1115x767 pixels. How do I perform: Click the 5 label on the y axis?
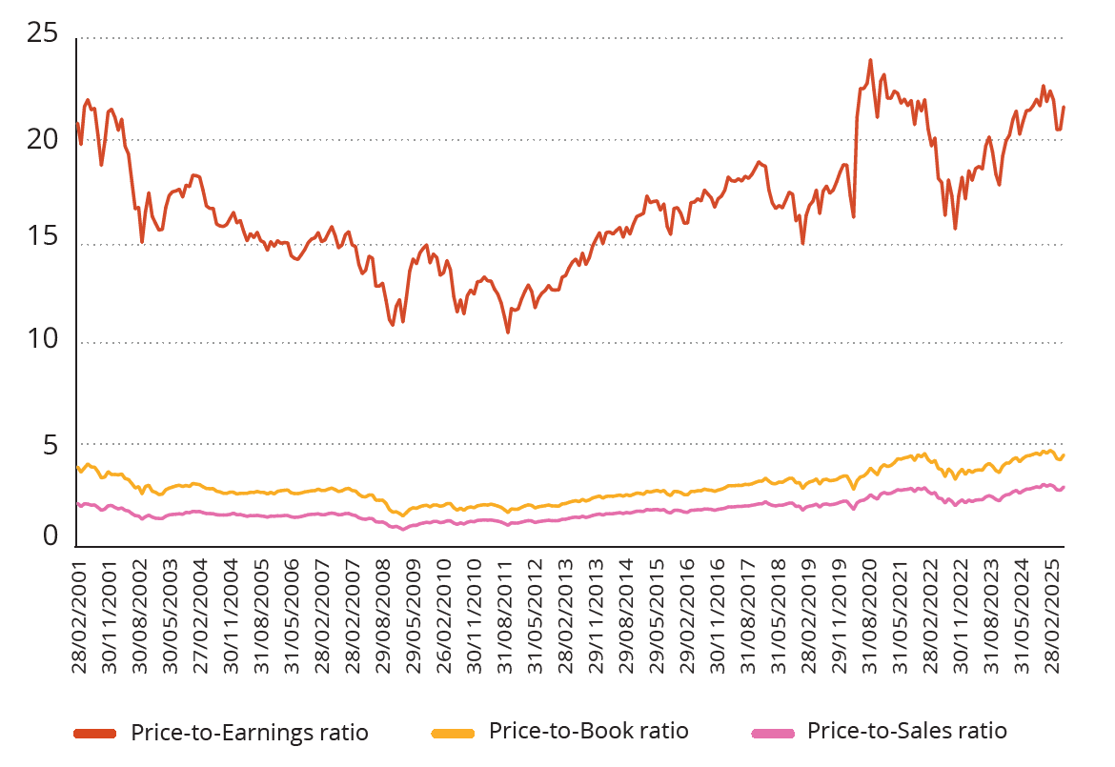pos(50,445)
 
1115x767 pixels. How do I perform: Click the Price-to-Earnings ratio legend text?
pos(249,733)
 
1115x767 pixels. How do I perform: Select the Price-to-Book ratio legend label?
pos(588,731)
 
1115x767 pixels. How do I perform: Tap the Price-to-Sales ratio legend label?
pos(906,731)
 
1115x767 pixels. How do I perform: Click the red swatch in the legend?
pos(95,733)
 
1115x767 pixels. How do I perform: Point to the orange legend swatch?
pos(453,732)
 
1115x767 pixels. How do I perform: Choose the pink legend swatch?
pos(772,732)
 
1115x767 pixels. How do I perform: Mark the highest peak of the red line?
pos(870,60)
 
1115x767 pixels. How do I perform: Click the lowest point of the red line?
pos(508,332)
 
